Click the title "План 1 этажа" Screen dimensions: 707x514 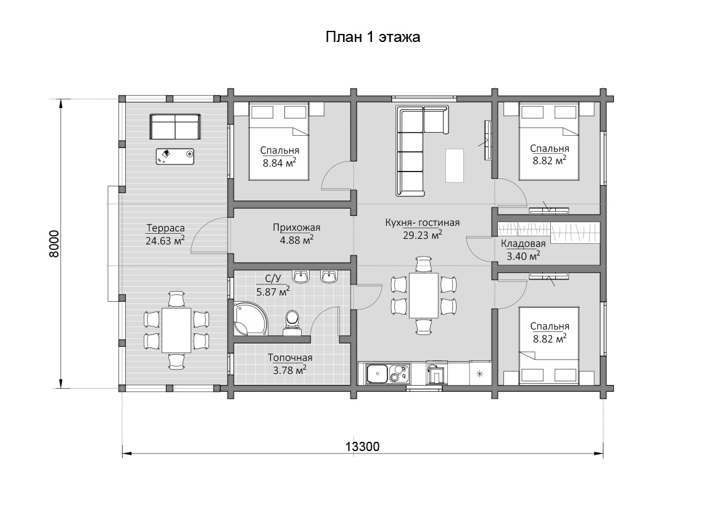coord(373,36)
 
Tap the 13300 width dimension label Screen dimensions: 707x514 coord(363,446)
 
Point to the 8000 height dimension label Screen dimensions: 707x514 coord(54,244)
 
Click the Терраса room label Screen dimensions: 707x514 coord(165,228)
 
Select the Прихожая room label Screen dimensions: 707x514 coord(296,228)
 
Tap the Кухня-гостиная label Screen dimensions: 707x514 coord(423,222)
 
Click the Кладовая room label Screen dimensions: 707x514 coord(523,244)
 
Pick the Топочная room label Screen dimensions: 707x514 coord(290,358)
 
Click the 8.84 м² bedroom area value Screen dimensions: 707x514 coord(279,163)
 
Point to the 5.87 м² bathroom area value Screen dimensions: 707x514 coord(273,292)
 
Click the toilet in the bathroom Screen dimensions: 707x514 coord(292,323)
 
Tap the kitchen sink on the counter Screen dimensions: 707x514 coord(378,374)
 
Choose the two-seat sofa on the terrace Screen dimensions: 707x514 coord(175,126)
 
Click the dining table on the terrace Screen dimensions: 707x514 coord(176,330)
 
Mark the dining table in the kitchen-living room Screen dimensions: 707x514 coord(424,296)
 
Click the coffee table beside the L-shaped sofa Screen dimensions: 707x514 coord(455,165)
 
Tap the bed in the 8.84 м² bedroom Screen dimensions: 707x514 coord(279,141)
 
